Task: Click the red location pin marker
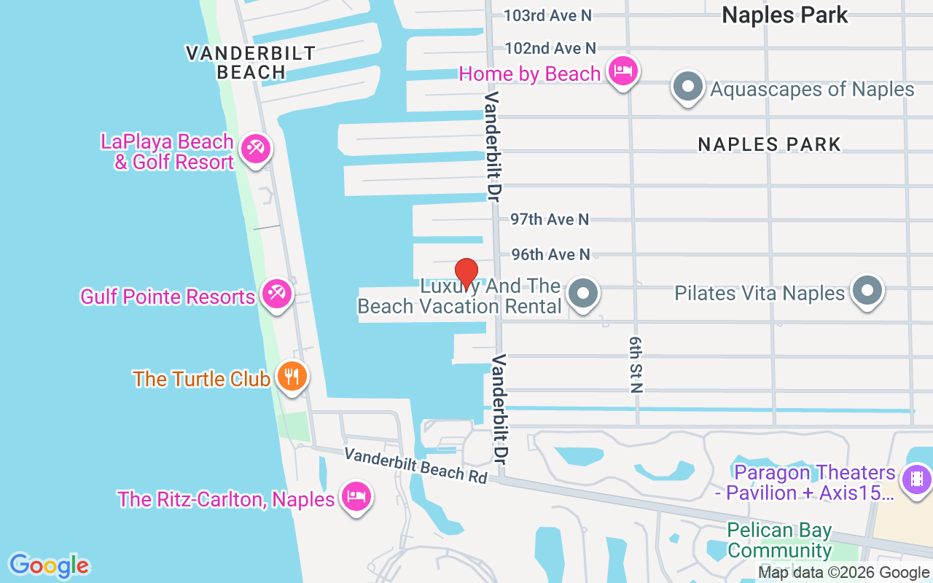click(x=466, y=273)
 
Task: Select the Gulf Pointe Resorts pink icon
click(x=277, y=294)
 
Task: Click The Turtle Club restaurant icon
click(x=292, y=377)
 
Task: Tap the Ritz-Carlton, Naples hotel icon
click(x=356, y=497)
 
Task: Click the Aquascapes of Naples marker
click(x=687, y=87)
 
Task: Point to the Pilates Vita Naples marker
click(x=867, y=291)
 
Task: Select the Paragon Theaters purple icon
click(x=916, y=479)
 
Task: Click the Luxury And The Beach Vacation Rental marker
click(x=582, y=294)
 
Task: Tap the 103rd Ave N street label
click(x=548, y=15)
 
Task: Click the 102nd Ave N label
click(x=550, y=48)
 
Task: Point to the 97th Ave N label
click(x=550, y=219)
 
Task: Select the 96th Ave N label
click(x=550, y=254)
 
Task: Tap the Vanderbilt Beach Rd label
click(x=415, y=464)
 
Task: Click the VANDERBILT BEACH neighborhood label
click(x=250, y=62)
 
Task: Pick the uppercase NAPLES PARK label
click(x=770, y=144)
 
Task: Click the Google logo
click(x=49, y=566)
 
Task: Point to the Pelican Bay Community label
click(x=779, y=540)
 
